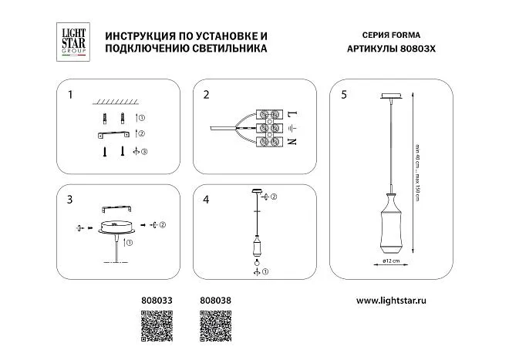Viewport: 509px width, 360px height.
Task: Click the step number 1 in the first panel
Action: click(x=70, y=96)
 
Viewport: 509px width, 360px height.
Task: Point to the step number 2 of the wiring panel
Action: click(x=206, y=96)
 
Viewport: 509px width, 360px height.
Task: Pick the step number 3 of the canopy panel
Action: click(x=70, y=200)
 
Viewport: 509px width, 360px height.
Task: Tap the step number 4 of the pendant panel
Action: click(x=206, y=200)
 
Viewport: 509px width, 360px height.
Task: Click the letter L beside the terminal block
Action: click(x=292, y=113)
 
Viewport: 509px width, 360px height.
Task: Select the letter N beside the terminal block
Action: click(x=292, y=142)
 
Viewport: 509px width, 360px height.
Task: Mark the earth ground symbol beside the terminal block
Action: click(x=292, y=128)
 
